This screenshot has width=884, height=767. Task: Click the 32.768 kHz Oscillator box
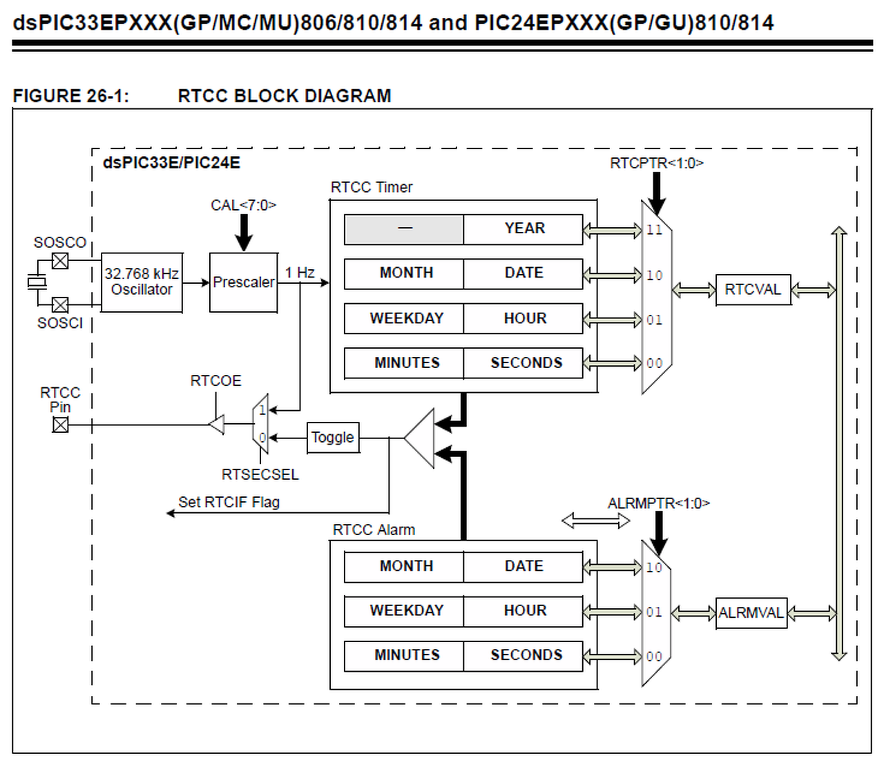(142, 282)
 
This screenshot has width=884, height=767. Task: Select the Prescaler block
(244, 282)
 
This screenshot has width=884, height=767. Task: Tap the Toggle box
(332, 438)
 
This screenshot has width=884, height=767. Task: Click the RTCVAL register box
(753, 290)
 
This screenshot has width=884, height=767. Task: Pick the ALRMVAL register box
(751, 613)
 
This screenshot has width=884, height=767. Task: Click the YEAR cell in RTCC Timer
(523, 229)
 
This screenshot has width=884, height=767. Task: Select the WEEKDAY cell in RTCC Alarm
(405, 611)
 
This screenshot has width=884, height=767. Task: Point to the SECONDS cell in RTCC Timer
(525, 363)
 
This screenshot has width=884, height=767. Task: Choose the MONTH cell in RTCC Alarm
(405, 567)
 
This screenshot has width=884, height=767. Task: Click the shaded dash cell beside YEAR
(405, 229)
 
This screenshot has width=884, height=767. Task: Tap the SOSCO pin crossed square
(61, 261)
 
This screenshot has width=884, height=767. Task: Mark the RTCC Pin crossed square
(61, 425)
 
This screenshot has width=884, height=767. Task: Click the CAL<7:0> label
(243, 205)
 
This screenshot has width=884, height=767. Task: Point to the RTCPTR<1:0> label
(656, 164)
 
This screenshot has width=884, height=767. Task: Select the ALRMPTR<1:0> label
(658, 503)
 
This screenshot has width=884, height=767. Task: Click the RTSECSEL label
(260, 475)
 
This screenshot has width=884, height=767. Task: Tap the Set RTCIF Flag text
(229, 503)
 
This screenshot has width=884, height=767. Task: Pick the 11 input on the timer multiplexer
(654, 230)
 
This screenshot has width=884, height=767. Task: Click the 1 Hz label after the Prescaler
(300, 273)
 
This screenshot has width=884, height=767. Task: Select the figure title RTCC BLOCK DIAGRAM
(284, 96)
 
